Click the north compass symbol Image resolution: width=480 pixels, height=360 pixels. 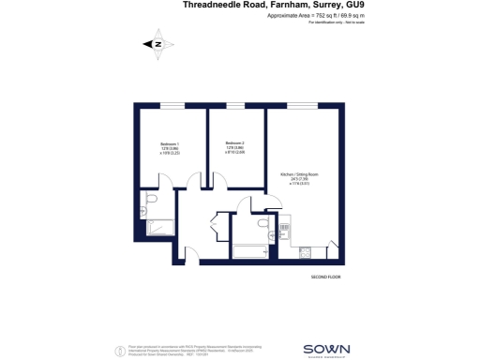(x=157, y=43)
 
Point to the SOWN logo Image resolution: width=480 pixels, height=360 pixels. (x=326, y=349)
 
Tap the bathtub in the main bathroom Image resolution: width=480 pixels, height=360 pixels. (x=249, y=251)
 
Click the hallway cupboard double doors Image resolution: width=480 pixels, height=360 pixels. (x=216, y=231)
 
